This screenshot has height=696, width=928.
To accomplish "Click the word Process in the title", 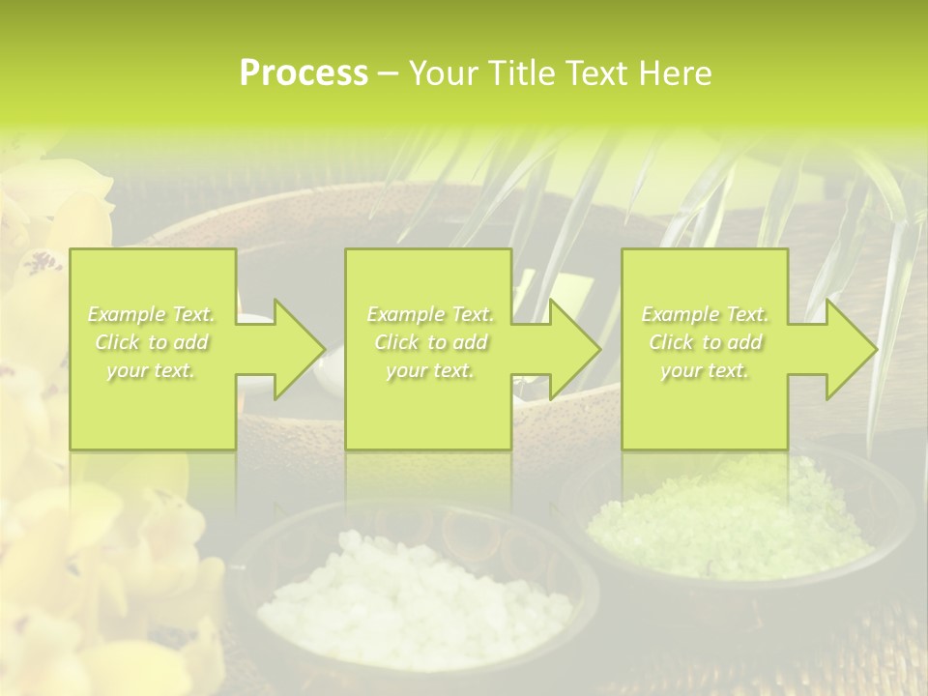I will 304,73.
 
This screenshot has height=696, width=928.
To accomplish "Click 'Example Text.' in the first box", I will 152,314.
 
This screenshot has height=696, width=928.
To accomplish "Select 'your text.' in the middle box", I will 429,370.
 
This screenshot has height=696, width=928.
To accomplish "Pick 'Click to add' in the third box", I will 705,342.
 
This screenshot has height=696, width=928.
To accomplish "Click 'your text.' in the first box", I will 151,370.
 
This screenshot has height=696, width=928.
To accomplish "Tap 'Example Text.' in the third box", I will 705,314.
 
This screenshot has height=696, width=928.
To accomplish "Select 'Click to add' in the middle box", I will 429,342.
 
